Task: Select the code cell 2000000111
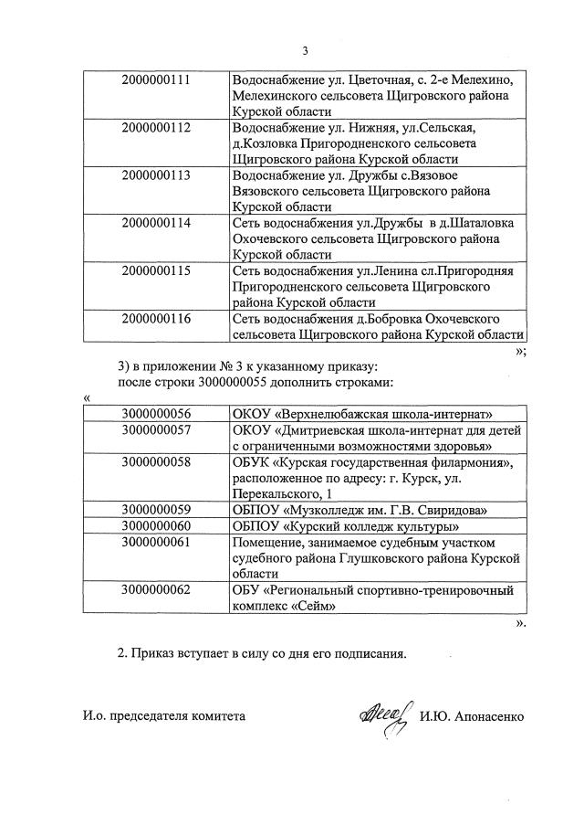tap(156, 79)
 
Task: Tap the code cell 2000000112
tap(156, 127)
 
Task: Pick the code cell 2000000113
tap(156, 175)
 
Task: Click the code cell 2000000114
tap(156, 223)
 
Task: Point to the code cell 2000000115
tap(156, 270)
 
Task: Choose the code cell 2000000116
tap(156, 318)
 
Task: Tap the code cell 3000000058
tap(156, 462)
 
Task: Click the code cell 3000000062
tap(156, 589)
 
